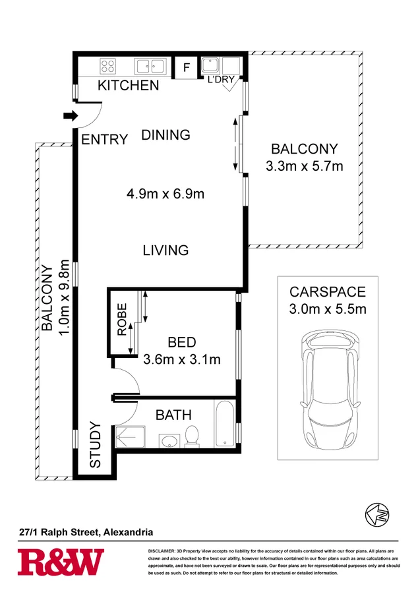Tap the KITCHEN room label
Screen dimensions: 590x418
click(x=128, y=85)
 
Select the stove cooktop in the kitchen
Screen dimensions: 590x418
click(x=108, y=66)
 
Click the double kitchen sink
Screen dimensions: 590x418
click(x=150, y=66)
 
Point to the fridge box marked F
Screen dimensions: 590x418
click(x=187, y=67)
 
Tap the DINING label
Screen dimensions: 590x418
click(x=165, y=134)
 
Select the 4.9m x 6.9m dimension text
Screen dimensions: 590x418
click(x=165, y=194)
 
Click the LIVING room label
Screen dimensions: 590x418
click(x=165, y=251)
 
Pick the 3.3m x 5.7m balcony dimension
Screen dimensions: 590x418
click(x=304, y=166)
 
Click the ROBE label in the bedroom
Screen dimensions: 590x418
click(x=122, y=320)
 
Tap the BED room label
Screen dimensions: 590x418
click(x=181, y=343)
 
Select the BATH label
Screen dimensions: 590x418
click(x=173, y=415)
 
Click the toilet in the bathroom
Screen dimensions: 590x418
click(x=193, y=436)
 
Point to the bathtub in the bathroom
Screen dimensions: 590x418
click(x=224, y=424)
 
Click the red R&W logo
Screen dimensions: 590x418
click(x=61, y=562)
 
